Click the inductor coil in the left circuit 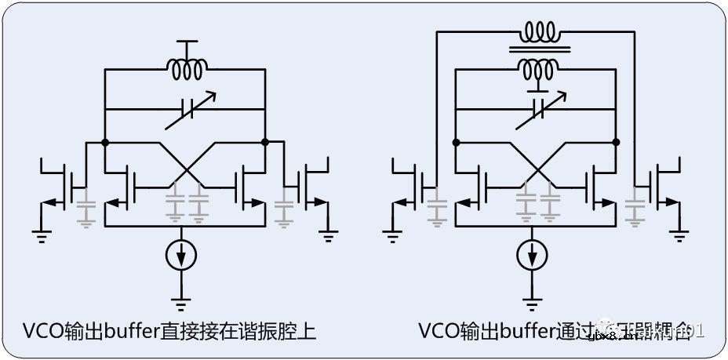coord(185,70)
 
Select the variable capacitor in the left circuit coord(185,109)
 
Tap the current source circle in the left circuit coord(181,255)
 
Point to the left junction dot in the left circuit coord(104,143)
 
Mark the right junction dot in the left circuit coord(266,143)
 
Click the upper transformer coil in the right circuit coord(538,33)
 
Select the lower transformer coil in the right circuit coord(538,69)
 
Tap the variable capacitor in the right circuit coord(537,111)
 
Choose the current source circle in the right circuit coord(533,255)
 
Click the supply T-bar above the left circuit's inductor coord(185,42)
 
